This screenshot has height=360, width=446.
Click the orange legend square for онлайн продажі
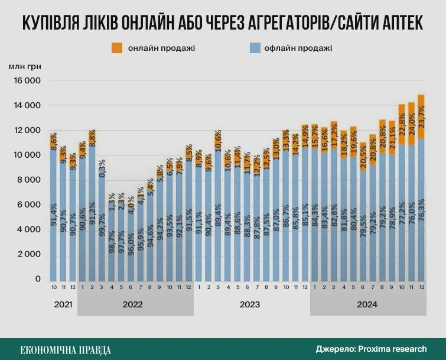[x=117, y=48]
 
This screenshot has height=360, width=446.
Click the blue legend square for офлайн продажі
[x=256, y=48]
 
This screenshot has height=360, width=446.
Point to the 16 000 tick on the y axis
[x=28, y=80]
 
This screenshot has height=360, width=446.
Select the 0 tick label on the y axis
[x=37, y=279]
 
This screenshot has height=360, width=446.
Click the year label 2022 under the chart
[x=135, y=305]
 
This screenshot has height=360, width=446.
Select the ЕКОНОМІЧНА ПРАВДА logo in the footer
[x=66, y=349]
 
